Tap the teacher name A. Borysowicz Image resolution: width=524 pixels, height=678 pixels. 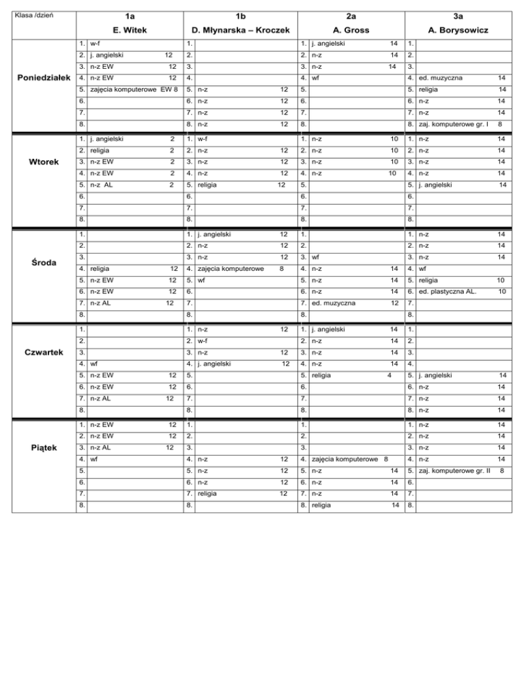click(x=458, y=30)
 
